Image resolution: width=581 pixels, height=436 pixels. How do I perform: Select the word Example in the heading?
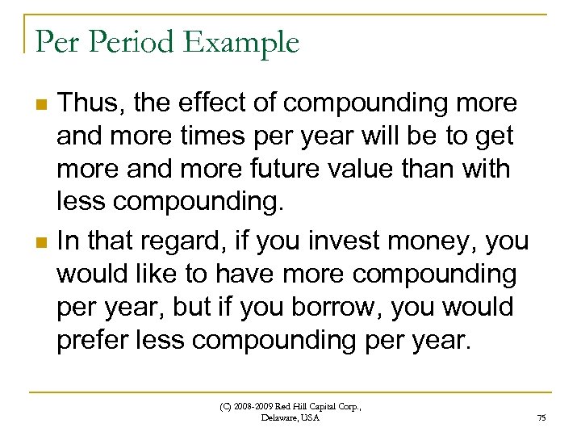[241, 43]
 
